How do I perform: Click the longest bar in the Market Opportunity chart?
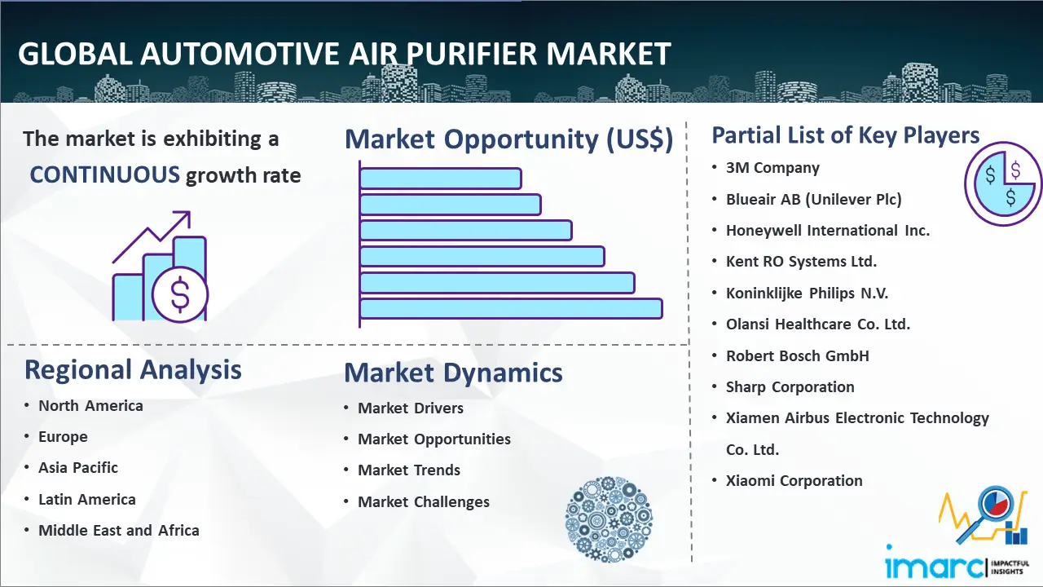click(511, 309)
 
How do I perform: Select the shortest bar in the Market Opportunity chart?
click(440, 179)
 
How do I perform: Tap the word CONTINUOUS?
click(105, 175)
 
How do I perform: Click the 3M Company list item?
click(772, 168)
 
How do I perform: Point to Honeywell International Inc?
click(827, 230)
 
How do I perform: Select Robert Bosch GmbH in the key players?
click(797, 355)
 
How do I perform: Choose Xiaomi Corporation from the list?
click(794, 480)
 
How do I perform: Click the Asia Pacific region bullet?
click(77, 467)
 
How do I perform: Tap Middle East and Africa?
click(119, 530)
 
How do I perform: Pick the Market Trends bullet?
click(409, 470)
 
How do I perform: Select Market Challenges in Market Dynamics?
click(423, 501)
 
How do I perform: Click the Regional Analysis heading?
click(133, 370)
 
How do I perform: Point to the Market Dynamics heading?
click(453, 373)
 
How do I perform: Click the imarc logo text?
click(935, 565)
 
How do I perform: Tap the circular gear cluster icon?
click(609, 519)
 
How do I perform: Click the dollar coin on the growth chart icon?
click(180, 295)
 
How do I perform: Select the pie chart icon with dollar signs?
click(1002, 184)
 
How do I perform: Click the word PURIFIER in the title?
click(472, 54)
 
